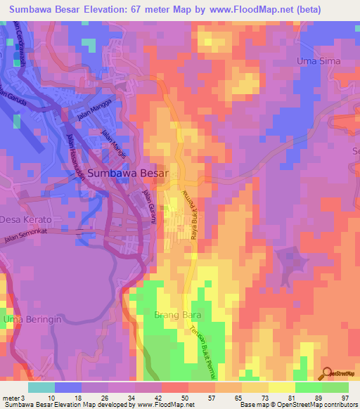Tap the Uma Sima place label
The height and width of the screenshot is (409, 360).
tap(319, 61)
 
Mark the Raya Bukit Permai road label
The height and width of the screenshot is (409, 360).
tap(193, 216)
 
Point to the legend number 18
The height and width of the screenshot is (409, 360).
tap(75, 398)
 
